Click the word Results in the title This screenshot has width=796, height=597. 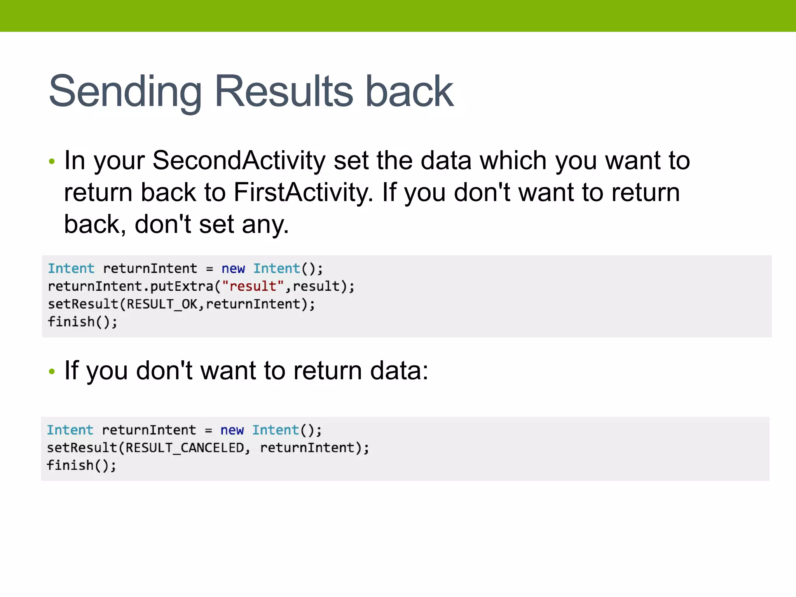(x=284, y=92)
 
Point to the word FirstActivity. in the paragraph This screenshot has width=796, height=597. (x=303, y=192)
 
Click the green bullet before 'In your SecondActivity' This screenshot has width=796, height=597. (x=52, y=161)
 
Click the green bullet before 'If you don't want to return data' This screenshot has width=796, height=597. (x=52, y=372)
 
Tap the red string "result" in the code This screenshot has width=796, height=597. (x=253, y=286)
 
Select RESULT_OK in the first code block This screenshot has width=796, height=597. (x=162, y=304)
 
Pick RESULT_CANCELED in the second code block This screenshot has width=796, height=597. (x=185, y=448)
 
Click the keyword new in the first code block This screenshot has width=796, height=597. (x=233, y=269)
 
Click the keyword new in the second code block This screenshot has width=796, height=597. (x=232, y=430)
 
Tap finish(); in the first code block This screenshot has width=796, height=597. (x=82, y=322)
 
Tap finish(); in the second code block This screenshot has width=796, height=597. (x=82, y=465)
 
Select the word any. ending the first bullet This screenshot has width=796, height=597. (x=265, y=225)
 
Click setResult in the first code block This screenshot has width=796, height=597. (x=83, y=304)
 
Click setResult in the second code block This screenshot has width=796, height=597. (x=82, y=448)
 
